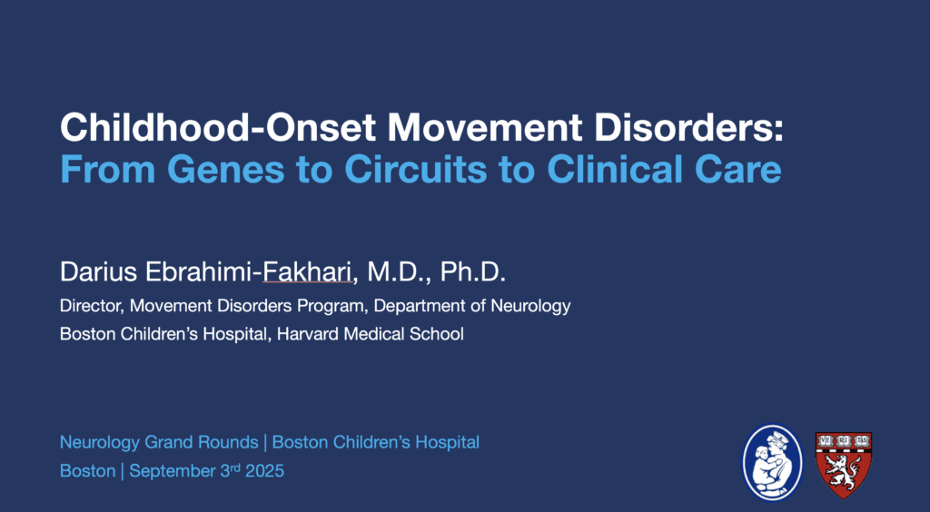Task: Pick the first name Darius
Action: tap(98, 272)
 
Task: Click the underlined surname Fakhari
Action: tap(307, 272)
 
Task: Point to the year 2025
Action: tap(264, 471)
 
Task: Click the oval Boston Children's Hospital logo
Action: tap(772, 462)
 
